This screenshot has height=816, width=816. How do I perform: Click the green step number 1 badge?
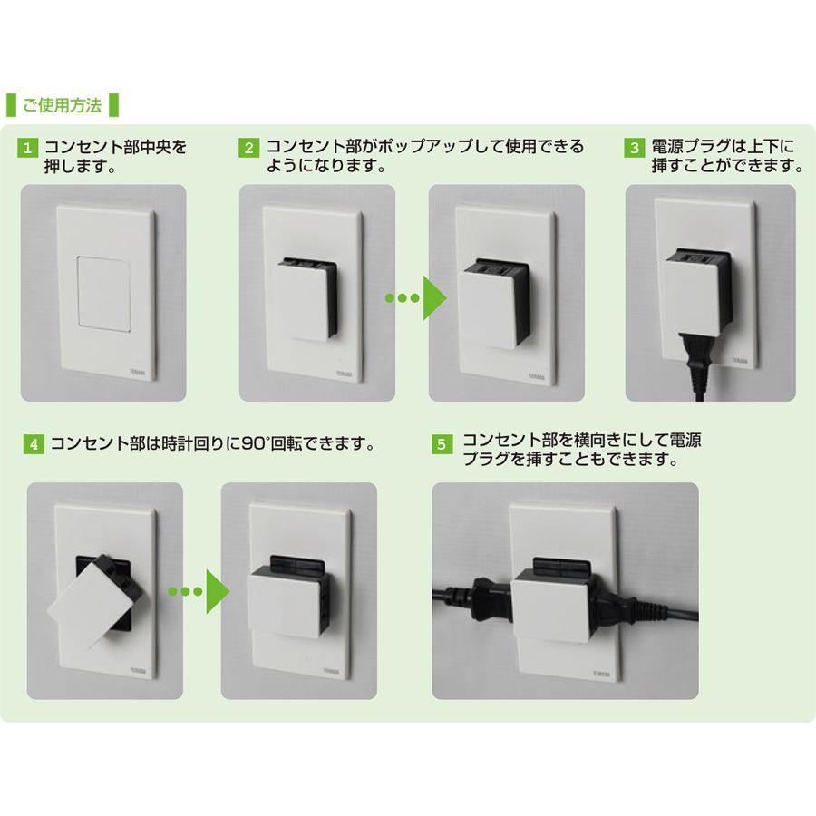[x=30, y=147]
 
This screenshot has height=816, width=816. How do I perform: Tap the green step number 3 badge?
[x=636, y=147]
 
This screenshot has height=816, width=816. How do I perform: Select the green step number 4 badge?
[x=34, y=445]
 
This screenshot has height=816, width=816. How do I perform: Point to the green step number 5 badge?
[x=442, y=445]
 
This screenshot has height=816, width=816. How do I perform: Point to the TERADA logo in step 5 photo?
[x=595, y=676]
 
